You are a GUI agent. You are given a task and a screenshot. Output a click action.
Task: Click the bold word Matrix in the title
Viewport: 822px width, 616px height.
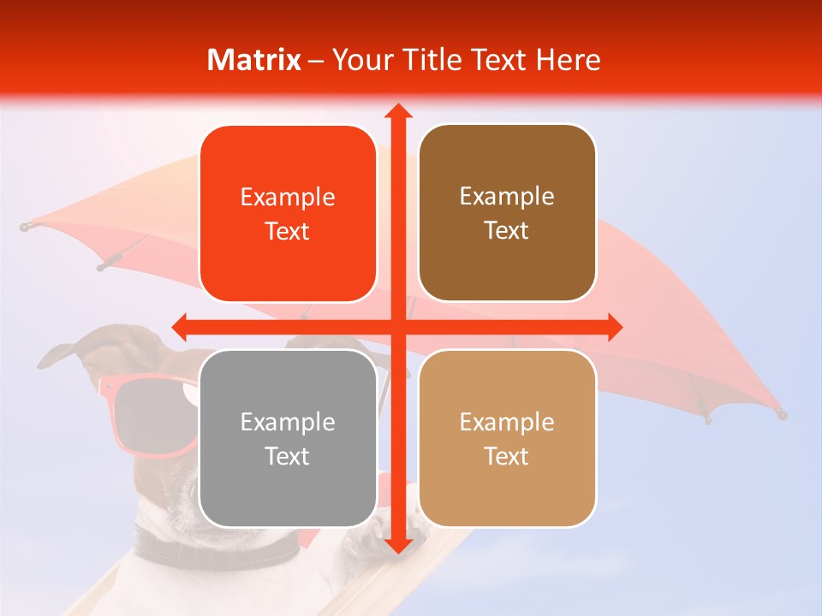(254, 60)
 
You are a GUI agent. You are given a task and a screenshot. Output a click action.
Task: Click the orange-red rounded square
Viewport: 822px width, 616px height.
(288, 214)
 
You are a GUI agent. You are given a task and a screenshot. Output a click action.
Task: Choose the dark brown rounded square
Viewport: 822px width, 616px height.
(507, 213)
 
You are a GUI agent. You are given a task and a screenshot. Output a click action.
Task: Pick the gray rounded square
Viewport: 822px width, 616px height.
(288, 438)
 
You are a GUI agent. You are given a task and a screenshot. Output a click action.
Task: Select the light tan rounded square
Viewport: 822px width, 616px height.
(507, 438)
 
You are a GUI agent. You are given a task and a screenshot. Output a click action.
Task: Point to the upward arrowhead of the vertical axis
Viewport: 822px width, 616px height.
(397, 111)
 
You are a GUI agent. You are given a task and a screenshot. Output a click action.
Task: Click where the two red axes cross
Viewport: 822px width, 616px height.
(397, 327)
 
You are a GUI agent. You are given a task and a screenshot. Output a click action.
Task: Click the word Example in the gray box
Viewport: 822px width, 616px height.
(288, 422)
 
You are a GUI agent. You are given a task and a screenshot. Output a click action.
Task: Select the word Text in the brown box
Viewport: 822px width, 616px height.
(507, 231)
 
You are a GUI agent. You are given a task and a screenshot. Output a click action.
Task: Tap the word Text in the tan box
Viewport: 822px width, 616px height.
(507, 456)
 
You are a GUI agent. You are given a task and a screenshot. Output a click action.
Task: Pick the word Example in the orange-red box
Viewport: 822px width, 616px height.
(288, 197)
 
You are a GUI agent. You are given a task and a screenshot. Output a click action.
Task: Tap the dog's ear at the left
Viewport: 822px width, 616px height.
(64, 352)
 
